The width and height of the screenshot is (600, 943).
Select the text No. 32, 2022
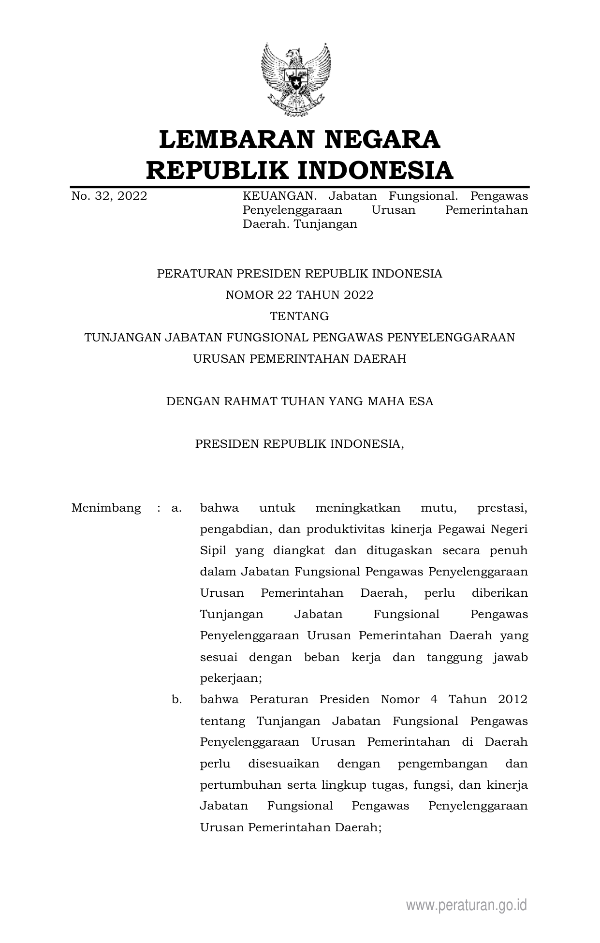[109, 196]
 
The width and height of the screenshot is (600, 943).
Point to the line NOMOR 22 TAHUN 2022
[299, 295]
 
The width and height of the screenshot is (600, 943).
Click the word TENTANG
[299, 316]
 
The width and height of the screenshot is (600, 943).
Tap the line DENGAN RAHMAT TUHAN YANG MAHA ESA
[299, 401]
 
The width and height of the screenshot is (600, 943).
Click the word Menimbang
[106, 508]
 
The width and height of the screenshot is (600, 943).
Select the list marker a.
[176, 508]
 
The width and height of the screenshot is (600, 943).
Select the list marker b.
[176, 700]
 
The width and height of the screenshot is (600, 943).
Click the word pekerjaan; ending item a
[231, 678]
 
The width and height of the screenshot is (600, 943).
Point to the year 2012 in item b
[512, 700]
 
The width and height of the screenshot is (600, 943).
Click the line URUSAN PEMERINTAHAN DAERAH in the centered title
[299, 359]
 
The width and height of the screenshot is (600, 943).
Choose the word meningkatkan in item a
[358, 508]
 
